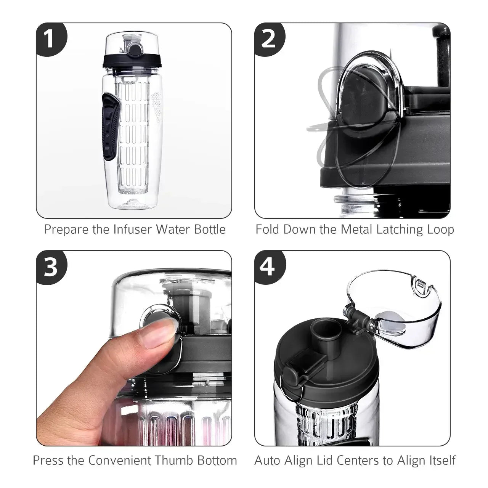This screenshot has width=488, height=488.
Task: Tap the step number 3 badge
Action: point(50,267)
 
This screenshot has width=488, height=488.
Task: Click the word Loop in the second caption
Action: point(441,230)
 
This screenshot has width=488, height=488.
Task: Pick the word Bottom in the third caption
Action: point(217,460)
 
